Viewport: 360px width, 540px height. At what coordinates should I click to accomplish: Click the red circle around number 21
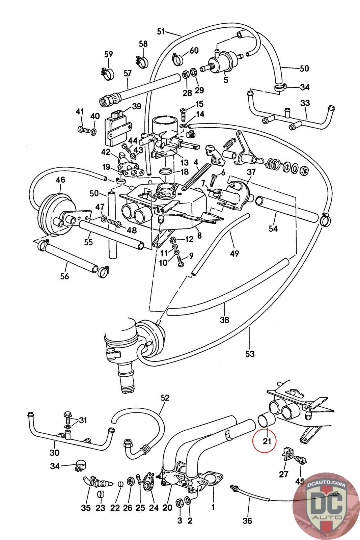click(x=264, y=441)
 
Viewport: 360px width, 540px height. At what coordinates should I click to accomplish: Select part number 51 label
click(x=161, y=31)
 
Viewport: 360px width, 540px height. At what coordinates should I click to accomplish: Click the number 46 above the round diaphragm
click(x=60, y=180)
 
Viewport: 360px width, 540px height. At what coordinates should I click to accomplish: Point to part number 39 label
click(x=137, y=106)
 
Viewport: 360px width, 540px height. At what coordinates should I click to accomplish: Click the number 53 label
click(x=250, y=354)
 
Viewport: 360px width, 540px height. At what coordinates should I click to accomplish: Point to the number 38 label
click(x=224, y=320)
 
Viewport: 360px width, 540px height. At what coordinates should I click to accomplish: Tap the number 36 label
click(x=247, y=521)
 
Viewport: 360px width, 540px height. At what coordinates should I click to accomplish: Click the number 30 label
click(x=54, y=453)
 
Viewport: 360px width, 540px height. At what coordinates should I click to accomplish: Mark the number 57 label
click(x=128, y=73)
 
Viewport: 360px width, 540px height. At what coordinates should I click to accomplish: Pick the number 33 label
click(x=305, y=103)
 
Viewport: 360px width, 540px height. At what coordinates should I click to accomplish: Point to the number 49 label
click(x=234, y=253)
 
